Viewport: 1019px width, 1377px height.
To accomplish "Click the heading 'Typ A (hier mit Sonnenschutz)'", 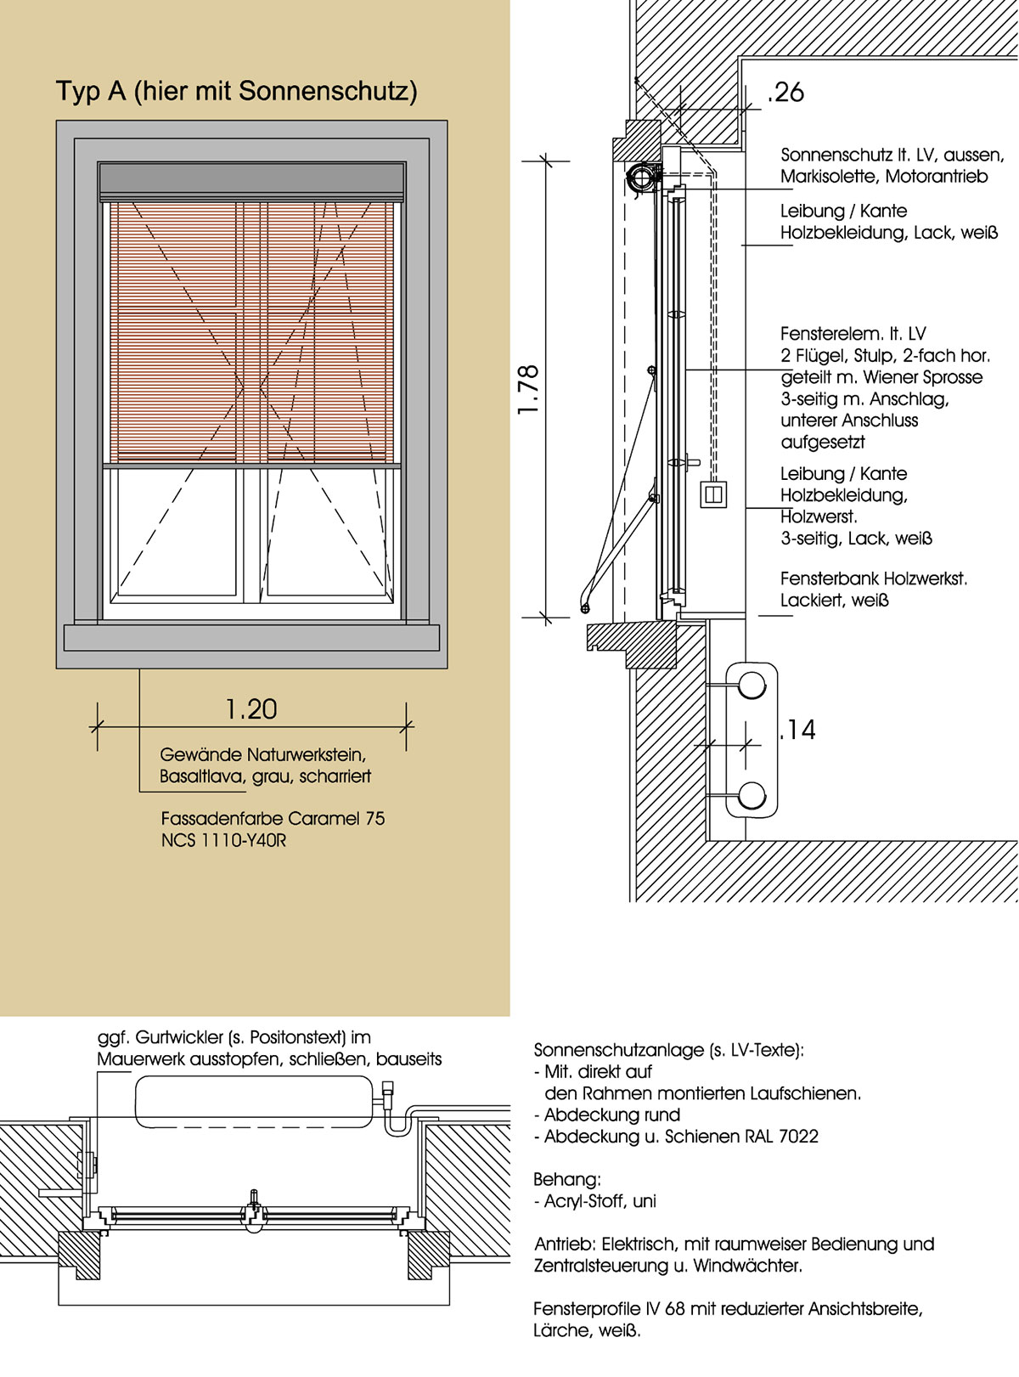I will (x=236, y=91).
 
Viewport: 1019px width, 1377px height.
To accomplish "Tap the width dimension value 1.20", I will (x=251, y=709).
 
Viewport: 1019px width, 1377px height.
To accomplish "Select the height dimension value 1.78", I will (x=528, y=390).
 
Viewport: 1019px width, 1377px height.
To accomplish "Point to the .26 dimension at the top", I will (x=785, y=93).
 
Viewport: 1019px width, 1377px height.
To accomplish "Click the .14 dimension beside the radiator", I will (x=798, y=730).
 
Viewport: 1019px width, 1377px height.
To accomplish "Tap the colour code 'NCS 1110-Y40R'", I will (x=223, y=841).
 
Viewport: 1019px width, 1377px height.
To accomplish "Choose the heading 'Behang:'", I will (x=566, y=1179).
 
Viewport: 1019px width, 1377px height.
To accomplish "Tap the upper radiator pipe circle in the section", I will (x=752, y=684).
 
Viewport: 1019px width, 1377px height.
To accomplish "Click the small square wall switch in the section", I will (x=713, y=494).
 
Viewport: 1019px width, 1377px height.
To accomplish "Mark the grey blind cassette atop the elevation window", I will (x=251, y=180).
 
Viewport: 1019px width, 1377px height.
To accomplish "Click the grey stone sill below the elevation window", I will (x=251, y=637).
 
